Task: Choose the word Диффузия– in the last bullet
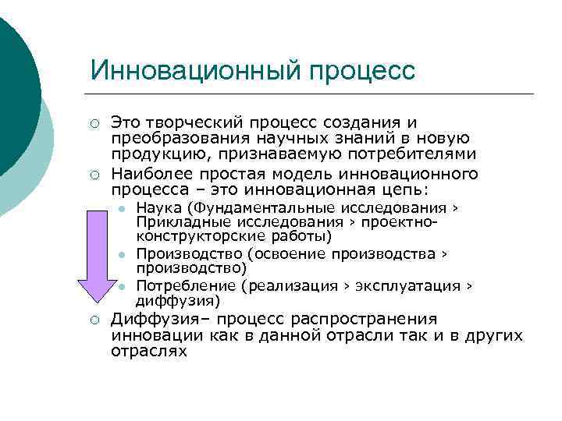161,319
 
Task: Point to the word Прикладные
176,222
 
